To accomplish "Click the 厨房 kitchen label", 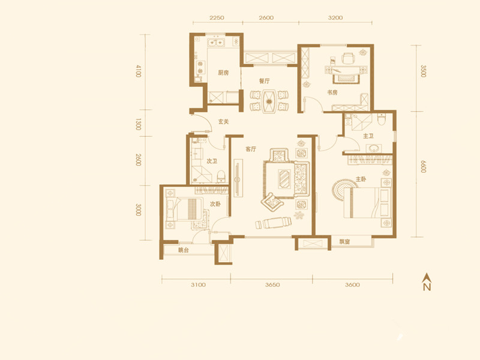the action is [x=223, y=73].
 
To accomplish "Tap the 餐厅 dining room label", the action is [x=264, y=81].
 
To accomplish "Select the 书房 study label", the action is [x=332, y=92].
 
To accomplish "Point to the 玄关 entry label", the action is [x=223, y=122].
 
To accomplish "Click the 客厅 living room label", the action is [x=251, y=149].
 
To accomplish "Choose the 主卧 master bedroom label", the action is [x=361, y=179].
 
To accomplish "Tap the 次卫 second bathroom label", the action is [x=212, y=161].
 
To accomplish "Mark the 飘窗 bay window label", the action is [x=344, y=242].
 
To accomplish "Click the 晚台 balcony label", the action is [x=184, y=250].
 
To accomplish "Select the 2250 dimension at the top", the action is [x=217, y=18].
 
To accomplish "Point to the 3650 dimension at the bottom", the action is [x=272, y=284].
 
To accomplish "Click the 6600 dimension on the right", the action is [x=423, y=166].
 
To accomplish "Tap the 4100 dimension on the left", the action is [x=139, y=71].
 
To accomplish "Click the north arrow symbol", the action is [x=427, y=281].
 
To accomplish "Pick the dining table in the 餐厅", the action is [x=269, y=101].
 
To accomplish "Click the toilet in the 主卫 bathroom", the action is [x=381, y=119].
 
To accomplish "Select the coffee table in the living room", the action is [x=284, y=178].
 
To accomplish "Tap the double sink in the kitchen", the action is [x=216, y=43].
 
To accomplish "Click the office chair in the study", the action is [x=348, y=58].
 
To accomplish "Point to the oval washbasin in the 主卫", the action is [x=373, y=148].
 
